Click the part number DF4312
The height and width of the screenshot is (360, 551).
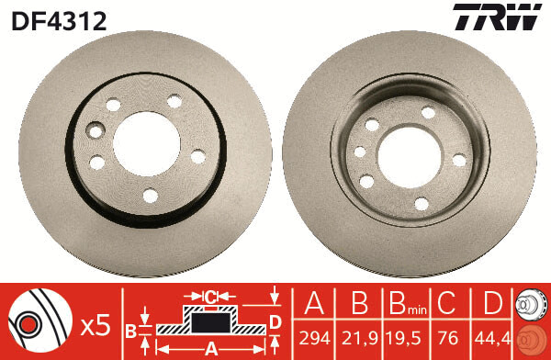point(59,19)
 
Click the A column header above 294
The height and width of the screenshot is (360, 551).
point(313,304)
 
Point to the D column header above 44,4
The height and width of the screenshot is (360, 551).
point(492,304)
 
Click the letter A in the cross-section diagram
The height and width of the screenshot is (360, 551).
point(211,348)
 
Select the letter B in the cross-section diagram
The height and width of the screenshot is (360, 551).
point(132,328)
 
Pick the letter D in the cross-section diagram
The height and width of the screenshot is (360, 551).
point(275,321)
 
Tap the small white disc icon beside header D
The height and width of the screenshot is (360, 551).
point(531,303)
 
